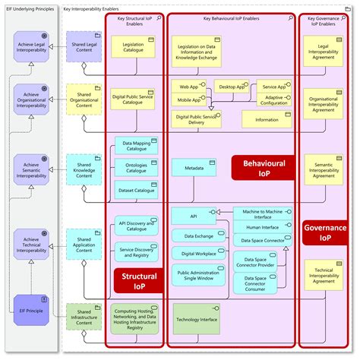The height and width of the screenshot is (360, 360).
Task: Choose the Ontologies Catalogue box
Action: point(136,167)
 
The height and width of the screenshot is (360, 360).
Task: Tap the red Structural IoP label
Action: point(139,282)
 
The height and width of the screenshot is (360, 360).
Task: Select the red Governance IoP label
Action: point(325,232)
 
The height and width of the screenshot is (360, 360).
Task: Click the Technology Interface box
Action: point(197,319)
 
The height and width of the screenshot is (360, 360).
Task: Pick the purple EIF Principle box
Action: point(31,311)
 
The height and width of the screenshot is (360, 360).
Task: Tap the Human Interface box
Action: point(261,226)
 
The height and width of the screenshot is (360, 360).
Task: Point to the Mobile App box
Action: point(190,99)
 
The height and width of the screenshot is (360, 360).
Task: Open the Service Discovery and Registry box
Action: point(136,253)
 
